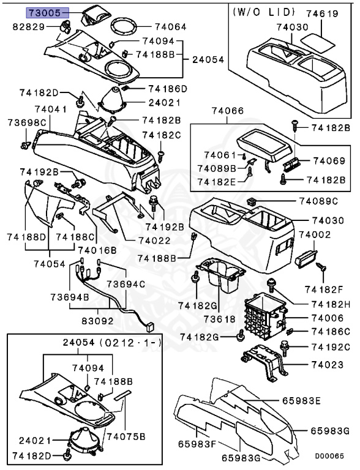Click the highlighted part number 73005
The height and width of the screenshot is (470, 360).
45,12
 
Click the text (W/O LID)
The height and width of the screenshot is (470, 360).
264,12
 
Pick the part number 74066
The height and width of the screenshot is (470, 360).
227,111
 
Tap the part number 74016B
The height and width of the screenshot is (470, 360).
94,250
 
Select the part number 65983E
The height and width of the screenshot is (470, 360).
301,401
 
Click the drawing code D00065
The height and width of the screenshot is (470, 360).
329,456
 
